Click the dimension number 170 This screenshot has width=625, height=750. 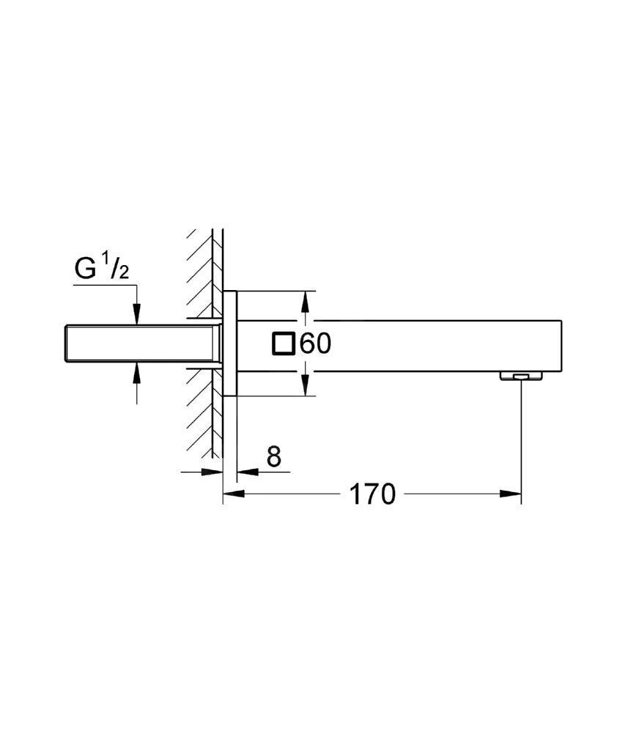coord(371,494)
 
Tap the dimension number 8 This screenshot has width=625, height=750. coord(273,457)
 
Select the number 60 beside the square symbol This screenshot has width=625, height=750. coord(316,344)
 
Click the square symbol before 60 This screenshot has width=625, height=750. coord(284,344)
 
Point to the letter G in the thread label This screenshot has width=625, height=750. coord(85,270)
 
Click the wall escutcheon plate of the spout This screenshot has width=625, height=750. coord(230,344)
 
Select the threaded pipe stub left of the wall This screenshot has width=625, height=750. coord(139,344)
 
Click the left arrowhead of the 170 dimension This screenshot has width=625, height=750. coord(233,494)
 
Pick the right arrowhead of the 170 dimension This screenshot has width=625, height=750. coord(511,494)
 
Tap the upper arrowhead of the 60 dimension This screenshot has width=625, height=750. coord(306,300)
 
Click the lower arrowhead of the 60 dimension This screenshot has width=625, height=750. coord(306,387)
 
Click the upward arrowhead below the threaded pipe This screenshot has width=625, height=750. coord(136,373)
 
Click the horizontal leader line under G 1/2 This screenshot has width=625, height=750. coord(103,285)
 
